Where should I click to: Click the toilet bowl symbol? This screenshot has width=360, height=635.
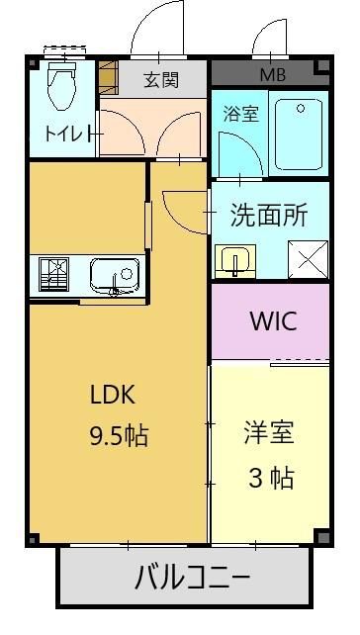[62, 86]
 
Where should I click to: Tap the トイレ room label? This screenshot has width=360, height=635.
[69, 133]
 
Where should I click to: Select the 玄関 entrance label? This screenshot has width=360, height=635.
[161, 80]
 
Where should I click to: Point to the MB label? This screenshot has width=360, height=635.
[273, 75]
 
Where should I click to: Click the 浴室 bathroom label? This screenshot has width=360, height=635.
[240, 114]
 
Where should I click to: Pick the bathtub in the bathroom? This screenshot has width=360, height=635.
[299, 135]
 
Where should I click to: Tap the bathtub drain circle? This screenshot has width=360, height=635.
[301, 108]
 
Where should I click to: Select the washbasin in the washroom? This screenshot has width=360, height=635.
[235, 261]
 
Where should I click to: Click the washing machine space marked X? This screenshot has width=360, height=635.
[308, 259]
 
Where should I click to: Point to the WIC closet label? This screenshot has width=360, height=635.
[274, 320]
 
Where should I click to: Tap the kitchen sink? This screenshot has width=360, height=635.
[115, 276]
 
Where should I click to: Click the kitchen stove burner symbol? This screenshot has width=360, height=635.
[53, 274]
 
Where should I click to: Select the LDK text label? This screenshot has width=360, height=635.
[112, 396]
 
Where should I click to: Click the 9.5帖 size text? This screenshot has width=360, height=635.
[119, 436]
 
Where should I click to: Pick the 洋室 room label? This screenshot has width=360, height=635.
[269, 433]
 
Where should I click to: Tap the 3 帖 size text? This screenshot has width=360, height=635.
[271, 479]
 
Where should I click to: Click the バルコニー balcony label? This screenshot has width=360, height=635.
[192, 577]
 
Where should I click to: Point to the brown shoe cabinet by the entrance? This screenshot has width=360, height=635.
[108, 78]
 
